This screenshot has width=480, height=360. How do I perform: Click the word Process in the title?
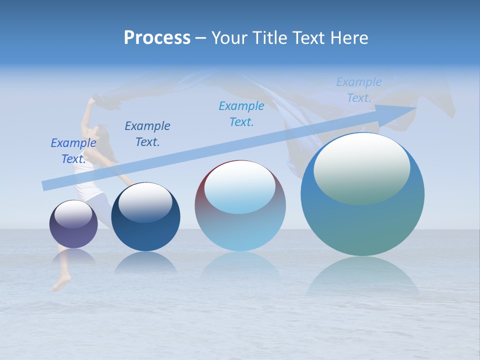coord(157,38)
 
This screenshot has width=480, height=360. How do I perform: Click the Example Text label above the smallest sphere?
coord(73,151)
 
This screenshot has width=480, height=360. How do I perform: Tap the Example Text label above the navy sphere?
coord(147,134)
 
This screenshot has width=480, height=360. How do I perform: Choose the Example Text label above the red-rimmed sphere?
coord(241,114)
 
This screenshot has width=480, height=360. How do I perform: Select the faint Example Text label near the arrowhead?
coord(359,90)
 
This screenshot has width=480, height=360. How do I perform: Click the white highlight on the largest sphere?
coord(361,167)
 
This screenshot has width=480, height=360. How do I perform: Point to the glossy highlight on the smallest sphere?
coord(73,214)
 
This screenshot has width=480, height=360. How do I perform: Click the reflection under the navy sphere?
coord(145,262)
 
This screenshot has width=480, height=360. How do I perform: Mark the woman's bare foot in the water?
coord(59,284)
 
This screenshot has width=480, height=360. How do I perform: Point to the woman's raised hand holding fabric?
coord(91,101)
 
